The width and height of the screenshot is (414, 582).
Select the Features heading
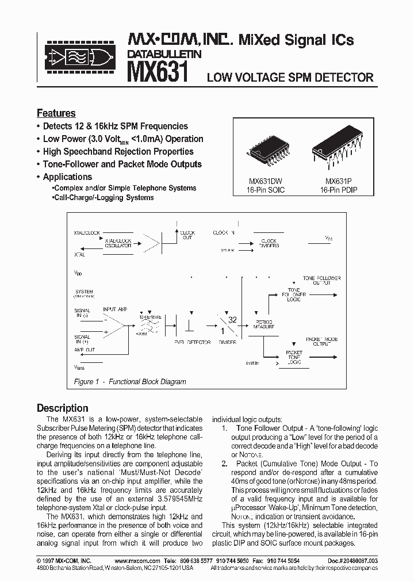[x=56, y=113]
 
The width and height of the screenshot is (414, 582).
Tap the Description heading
[x=63, y=408]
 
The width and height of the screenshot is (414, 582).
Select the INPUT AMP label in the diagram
[x=114, y=310]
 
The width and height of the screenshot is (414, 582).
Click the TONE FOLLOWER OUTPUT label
[x=322, y=280]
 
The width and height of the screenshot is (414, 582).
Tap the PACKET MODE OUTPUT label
[x=322, y=342]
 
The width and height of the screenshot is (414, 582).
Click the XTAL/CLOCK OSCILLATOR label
[x=118, y=243]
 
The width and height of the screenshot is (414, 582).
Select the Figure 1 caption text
[x=130, y=381]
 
